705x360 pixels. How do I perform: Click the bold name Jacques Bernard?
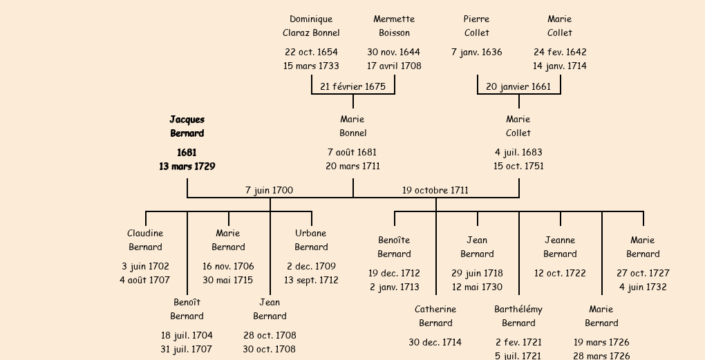pos(187,126)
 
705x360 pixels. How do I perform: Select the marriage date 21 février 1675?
pos(352,87)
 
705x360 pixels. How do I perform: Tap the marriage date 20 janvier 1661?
pos(518,87)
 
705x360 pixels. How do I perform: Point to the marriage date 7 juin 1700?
pos(269,191)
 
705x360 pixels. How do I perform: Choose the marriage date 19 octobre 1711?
pos(435,191)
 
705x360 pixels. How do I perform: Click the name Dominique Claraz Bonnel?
pos(311,26)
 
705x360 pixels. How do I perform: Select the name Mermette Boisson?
pos(394,26)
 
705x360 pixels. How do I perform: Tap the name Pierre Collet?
pos(477,26)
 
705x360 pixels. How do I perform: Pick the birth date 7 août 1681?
pos(352,152)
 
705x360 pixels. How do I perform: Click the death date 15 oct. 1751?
pos(518,166)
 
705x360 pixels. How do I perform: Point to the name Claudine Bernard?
pos(145,240)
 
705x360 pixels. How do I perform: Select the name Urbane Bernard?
pos(311,240)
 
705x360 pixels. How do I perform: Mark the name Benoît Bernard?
pos(187,310)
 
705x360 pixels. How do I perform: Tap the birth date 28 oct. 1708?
pos(270,336)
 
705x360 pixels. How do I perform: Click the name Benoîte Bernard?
pos(394,247)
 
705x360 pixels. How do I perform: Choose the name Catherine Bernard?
pos(435,316)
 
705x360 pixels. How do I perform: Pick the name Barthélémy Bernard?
pos(518,316)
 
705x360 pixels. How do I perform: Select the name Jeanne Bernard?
pos(560,247)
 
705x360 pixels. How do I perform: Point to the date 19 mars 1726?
pos(601,343)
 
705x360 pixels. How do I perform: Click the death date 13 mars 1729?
pos(187,167)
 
